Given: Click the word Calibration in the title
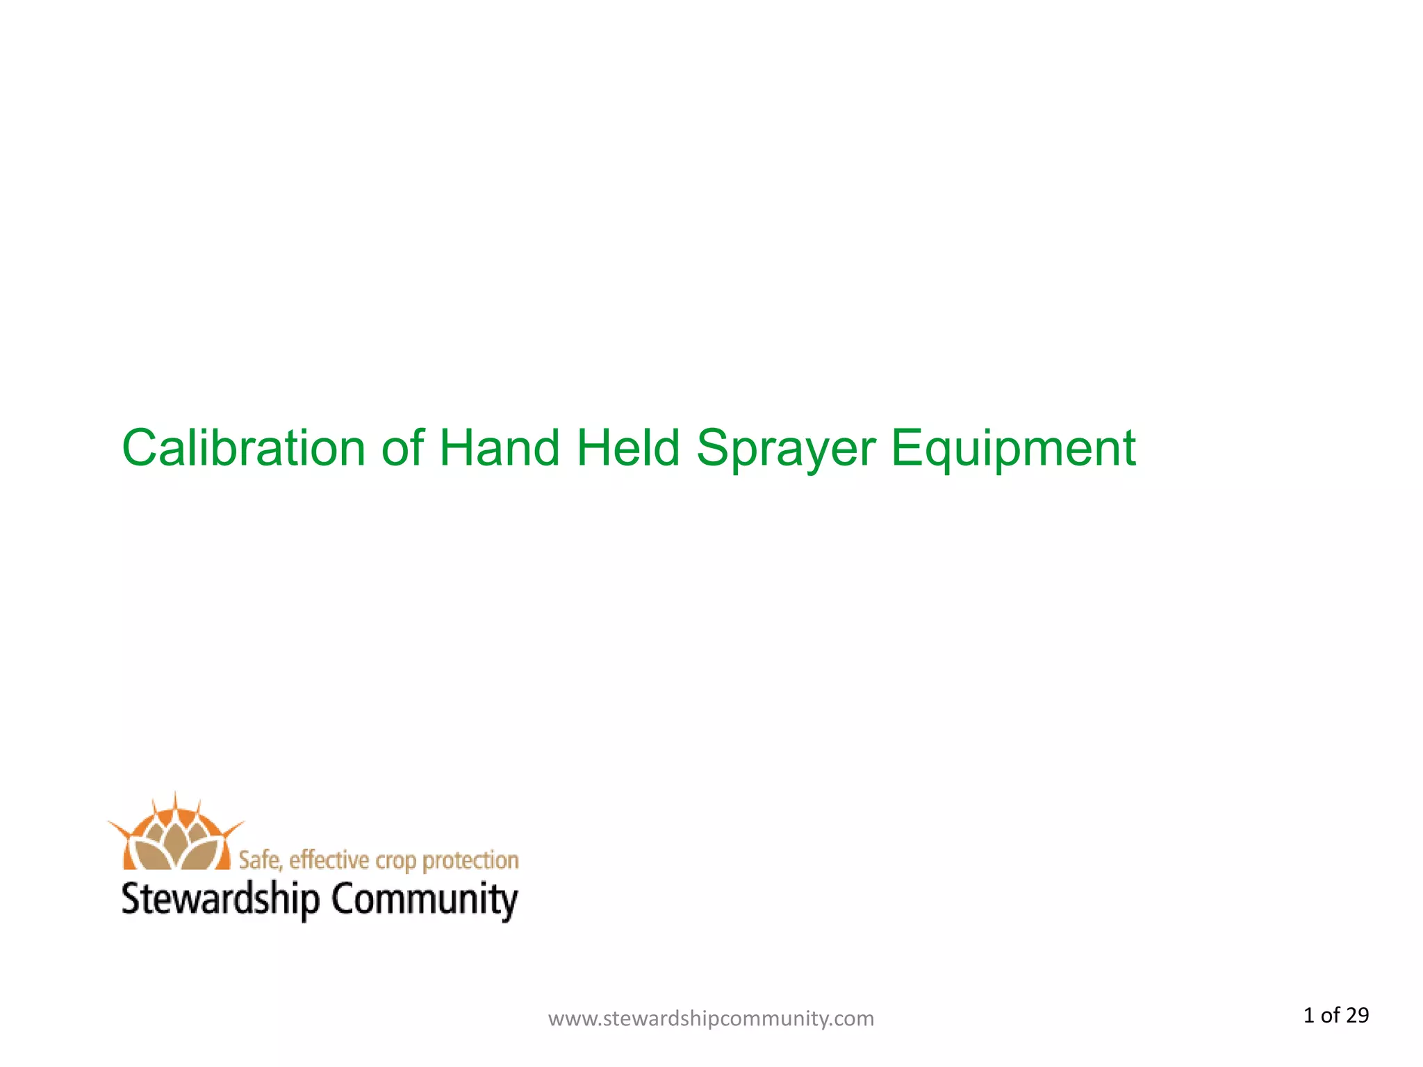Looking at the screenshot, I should pos(243,448).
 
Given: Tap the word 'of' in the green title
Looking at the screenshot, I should pos(402,448).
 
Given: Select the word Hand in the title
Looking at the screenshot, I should pos(500,448).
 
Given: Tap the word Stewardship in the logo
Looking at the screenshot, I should pos(220,900).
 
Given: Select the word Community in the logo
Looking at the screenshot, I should pos(424,900).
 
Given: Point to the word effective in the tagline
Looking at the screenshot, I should pos(329,860).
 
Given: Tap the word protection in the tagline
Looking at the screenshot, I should pos(470,861).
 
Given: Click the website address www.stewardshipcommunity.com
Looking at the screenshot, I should pos(711,1018).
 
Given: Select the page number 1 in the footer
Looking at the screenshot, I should pos(1308,1016).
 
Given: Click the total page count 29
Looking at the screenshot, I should pos(1357,1016).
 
